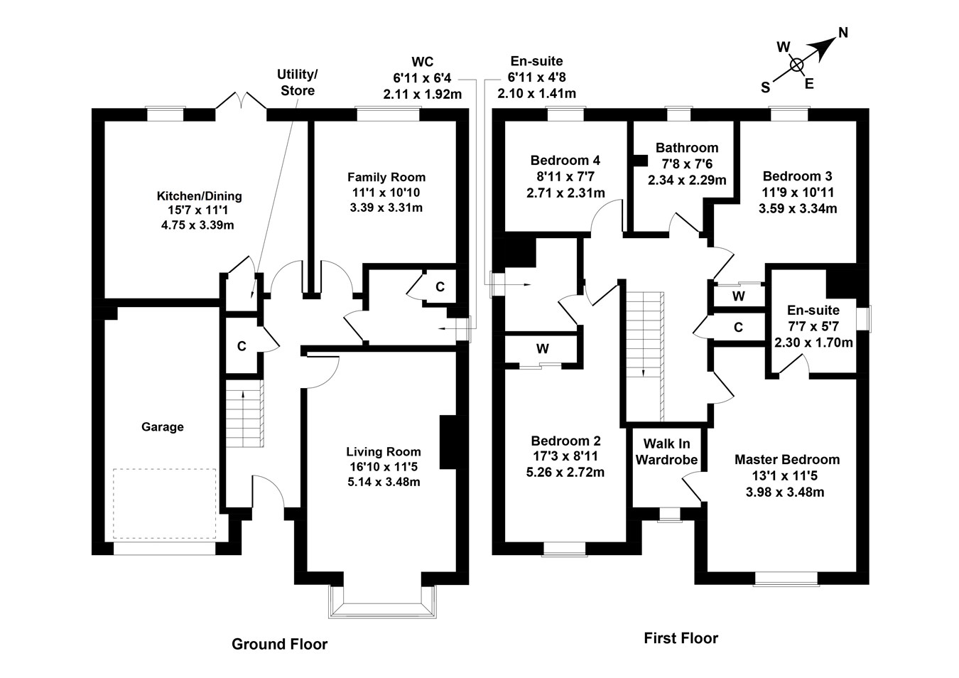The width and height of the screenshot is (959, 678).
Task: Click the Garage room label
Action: click(162, 427)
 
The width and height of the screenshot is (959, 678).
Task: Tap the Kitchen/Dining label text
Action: click(199, 196)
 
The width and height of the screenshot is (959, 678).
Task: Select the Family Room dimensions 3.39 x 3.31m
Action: click(386, 208)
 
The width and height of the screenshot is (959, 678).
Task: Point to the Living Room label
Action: click(384, 451)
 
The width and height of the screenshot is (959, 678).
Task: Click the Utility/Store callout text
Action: click(298, 82)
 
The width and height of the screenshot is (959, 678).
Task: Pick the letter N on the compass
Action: click(843, 32)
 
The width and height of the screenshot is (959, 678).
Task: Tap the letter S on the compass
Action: click(765, 87)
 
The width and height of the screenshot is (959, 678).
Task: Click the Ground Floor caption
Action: click(279, 645)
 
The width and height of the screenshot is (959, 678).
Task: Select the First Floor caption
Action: click(681, 638)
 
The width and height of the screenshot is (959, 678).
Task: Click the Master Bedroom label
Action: click(787, 460)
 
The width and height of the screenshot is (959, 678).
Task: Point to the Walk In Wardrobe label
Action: click(666, 452)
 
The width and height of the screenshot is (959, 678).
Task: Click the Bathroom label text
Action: click(687, 148)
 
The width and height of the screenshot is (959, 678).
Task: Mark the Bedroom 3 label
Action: click(797, 176)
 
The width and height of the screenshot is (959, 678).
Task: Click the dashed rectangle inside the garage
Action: click(164, 504)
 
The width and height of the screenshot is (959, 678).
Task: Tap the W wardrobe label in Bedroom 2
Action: click(543, 349)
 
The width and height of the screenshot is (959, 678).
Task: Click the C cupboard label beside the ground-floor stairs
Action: click(242, 346)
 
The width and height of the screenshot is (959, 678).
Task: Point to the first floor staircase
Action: click(644, 355)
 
